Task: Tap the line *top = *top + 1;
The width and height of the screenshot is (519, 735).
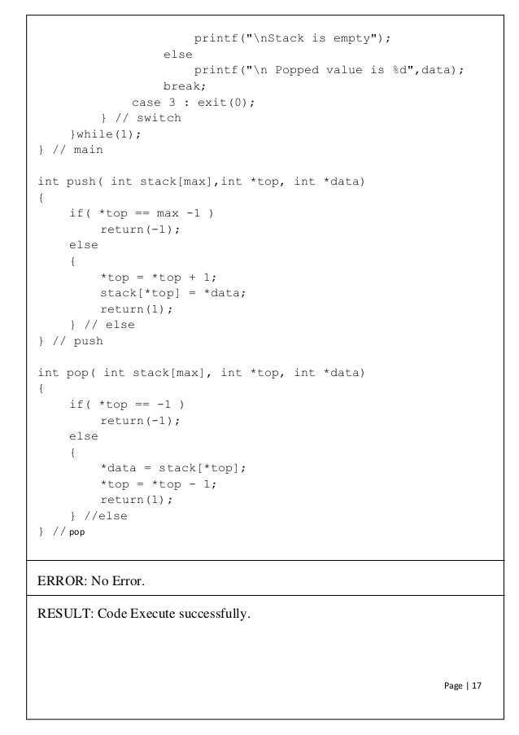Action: pyautogui.click(x=159, y=278)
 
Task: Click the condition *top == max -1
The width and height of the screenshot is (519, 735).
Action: pyautogui.click(x=155, y=214)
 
